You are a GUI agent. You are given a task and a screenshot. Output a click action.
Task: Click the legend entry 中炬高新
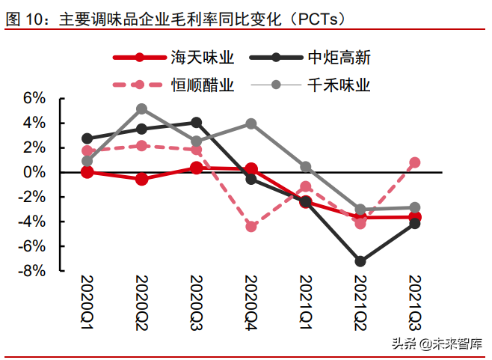[339, 58]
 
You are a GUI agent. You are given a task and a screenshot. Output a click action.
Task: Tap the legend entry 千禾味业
[339, 85]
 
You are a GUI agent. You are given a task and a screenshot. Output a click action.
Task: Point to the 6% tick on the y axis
[34, 99]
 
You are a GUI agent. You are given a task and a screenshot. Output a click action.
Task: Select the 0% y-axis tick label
[34, 173]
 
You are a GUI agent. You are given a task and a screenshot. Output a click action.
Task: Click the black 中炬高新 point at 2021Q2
[360, 261]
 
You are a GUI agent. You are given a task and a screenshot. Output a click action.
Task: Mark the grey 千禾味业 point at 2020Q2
[142, 109]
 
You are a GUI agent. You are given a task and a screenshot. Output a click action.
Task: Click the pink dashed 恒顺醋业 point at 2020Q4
[251, 226]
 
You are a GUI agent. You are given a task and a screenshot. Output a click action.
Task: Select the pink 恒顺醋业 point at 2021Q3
[414, 162]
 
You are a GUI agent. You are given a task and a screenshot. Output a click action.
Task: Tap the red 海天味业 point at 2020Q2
[142, 180]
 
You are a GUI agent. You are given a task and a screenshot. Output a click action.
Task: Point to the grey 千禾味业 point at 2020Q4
[251, 123]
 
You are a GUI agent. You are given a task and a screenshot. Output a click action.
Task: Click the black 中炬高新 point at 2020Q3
[196, 122]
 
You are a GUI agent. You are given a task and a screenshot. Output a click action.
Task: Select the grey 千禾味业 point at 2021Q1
[306, 167]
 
